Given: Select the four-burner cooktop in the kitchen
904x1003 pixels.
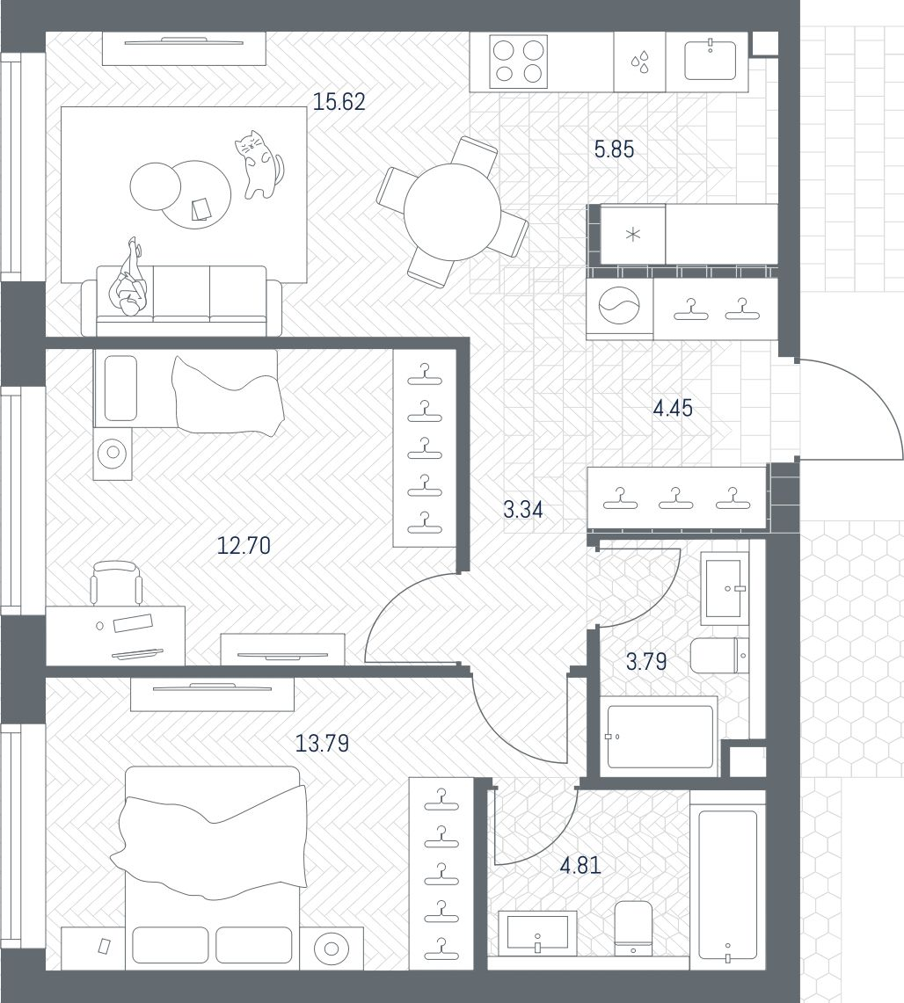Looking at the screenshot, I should point(519,62).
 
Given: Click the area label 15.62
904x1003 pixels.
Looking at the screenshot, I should point(339,103).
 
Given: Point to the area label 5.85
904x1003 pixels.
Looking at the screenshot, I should point(614,150).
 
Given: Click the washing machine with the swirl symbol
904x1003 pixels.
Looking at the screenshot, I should point(621,308).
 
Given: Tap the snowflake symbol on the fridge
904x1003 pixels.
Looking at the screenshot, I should point(631,235).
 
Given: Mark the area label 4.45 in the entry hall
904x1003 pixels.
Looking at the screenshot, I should point(673,409).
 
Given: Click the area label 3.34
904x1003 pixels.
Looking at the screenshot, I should point(522,510).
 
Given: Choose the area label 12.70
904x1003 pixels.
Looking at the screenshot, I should point(244,546).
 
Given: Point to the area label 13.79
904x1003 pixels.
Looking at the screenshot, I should point(322,744).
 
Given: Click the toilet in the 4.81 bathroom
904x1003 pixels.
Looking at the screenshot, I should point(632,927).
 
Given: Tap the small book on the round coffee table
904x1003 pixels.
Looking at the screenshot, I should point(201,208).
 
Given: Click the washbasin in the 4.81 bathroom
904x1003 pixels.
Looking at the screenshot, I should point(537,932).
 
